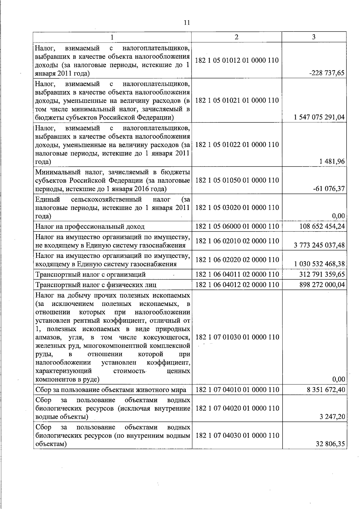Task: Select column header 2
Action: click(x=236, y=37)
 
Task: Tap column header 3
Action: click(x=313, y=37)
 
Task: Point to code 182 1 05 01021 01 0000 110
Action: click(x=237, y=100)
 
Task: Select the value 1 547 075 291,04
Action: click(x=319, y=117)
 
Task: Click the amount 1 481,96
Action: click(x=332, y=162)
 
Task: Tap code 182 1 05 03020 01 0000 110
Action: click(x=237, y=208)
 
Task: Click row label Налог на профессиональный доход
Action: click(x=90, y=226)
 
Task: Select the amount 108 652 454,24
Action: click(x=322, y=226)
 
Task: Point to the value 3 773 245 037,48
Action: click(x=319, y=245)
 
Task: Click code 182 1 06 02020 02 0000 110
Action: click(x=237, y=260)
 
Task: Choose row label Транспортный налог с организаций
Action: click(x=90, y=274)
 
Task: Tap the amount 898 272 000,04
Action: click(x=322, y=284)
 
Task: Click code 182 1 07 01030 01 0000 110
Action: click(x=237, y=337)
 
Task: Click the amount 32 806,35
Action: click(x=330, y=444)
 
